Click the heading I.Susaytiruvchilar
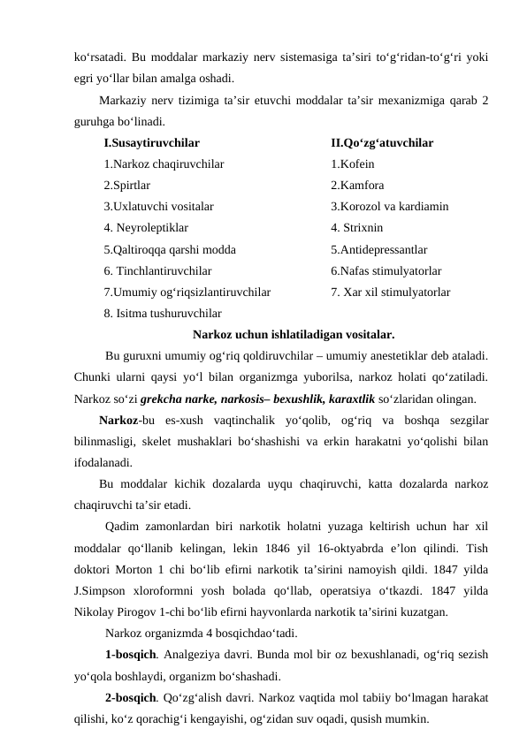pyautogui.click(x=151, y=142)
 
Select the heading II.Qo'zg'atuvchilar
pyautogui.click(x=381, y=142)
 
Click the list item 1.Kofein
pyautogui.click(x=352, y=163)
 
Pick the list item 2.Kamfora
pyautogui.click(x=357, y=186)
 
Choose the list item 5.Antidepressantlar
pyautogui.click(x=378, y=249)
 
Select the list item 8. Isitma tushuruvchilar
pyautogui.click(x=163, y=313)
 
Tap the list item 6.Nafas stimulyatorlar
pyautogui.click(x=386, y=270)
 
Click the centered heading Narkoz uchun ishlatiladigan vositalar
pyautogui.click(x=294, y=335)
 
